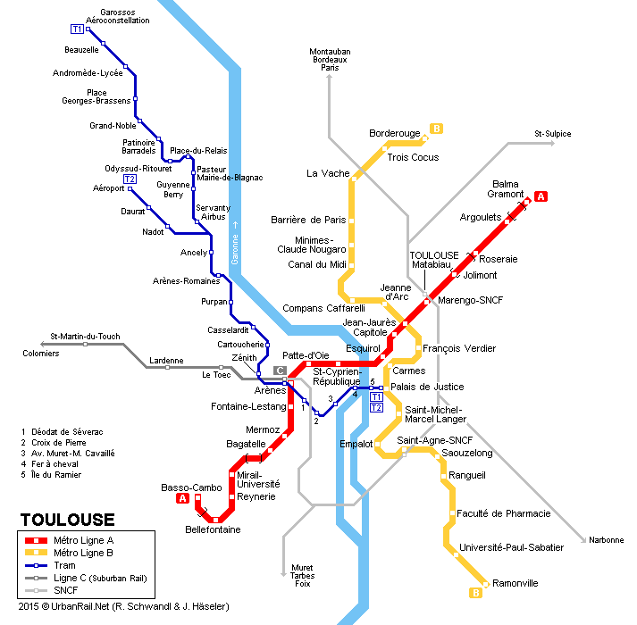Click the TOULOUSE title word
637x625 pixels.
click(67, 521)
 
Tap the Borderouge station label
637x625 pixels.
click(394, 133)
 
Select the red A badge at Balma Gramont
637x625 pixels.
click(541, 196)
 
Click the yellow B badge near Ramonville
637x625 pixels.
click(476, 592)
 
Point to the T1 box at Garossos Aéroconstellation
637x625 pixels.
click(77, 29)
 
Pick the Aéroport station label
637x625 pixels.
click(109, 188)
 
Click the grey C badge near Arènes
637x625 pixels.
click(280, 371)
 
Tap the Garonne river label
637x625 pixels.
click(236, 241)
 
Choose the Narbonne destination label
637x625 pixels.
click(606, 540)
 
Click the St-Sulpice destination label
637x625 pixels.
click(552, 134)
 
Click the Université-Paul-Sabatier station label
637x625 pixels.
click(511, 547)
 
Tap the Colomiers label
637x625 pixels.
click(41, 354)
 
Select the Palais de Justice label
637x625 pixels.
click(427, 387)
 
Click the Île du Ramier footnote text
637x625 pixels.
click(55, 474)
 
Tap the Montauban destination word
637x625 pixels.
click(330, 51)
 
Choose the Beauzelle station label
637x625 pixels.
click(81, 50)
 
